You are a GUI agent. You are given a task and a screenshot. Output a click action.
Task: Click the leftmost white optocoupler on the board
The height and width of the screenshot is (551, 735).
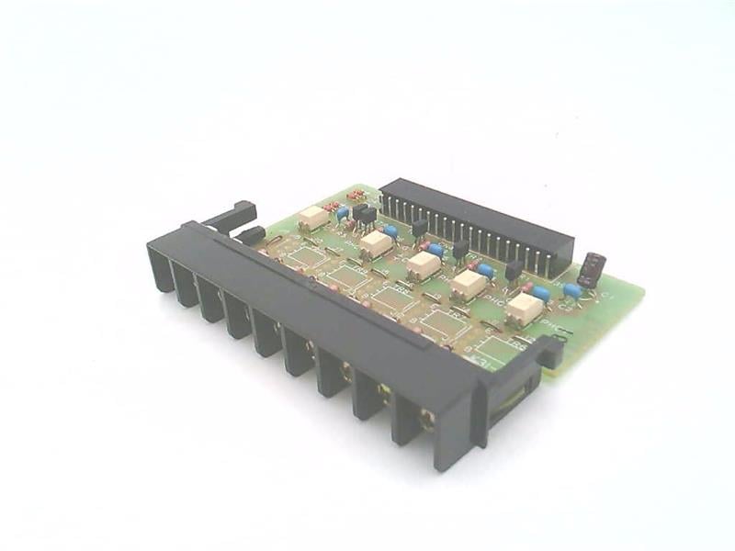314,218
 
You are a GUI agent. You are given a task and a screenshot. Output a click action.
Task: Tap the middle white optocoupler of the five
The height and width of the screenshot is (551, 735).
423,264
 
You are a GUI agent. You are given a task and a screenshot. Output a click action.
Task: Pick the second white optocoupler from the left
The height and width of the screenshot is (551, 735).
375,243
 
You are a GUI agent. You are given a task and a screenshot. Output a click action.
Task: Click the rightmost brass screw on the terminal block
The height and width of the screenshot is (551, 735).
426,420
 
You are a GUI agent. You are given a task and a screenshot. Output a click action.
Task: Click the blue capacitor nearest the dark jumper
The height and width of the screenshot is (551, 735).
572,290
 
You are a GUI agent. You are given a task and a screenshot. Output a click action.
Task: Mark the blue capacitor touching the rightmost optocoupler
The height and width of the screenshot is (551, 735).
542,294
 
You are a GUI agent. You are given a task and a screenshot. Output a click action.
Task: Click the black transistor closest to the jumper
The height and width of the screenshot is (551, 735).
514,269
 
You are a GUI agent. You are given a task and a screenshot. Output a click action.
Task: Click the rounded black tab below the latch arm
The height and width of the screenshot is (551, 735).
250,235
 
